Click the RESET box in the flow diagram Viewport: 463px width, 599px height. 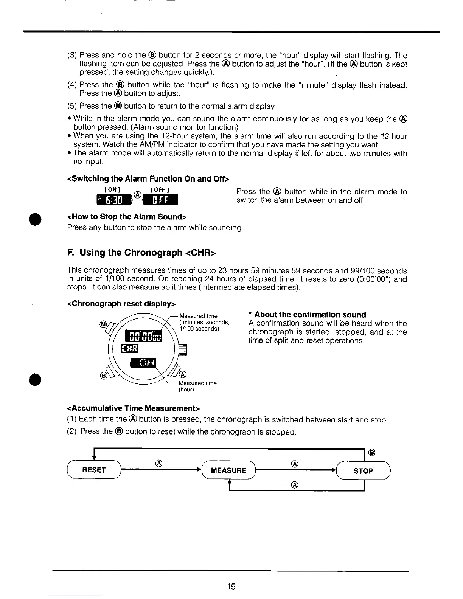[94, 470]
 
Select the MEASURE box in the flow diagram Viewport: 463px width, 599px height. [228, 470]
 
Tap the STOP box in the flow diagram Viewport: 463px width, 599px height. [363, 471]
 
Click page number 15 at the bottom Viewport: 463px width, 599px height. [231, 587]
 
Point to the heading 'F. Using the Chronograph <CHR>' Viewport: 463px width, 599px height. [141, 253]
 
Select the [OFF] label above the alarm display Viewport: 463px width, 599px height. [159, 189]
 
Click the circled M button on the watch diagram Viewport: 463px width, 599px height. [102, 324]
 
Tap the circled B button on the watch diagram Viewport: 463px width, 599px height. [102, 376]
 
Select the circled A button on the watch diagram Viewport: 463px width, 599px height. [183, 375]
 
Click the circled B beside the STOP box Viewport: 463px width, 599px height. [371, 452]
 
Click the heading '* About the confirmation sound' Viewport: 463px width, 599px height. [307, 315]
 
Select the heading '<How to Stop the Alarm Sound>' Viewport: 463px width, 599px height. [127, 217]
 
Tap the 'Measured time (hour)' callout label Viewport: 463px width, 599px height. [197, 386]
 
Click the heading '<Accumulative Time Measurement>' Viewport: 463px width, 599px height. [133, 408]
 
